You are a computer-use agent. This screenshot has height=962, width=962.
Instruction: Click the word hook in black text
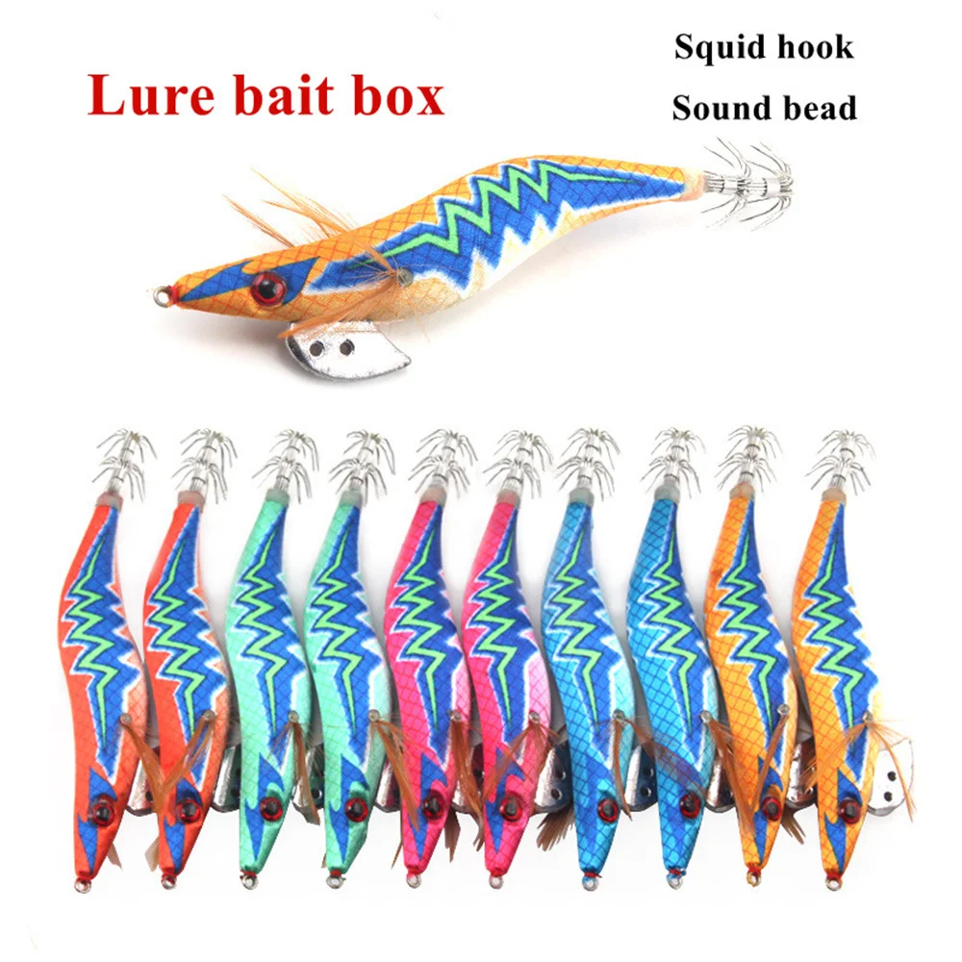pos(818,47)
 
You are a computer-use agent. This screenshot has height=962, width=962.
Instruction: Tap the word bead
pos(818,108)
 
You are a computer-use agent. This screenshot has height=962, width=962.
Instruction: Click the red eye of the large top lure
pos(266,285)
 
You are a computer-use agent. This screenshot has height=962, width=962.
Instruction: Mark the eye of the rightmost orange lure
pos(849,803)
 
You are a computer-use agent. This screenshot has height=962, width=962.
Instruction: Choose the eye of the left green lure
pos(272,806)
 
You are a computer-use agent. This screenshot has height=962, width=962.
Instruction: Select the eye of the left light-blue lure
pos(607,804)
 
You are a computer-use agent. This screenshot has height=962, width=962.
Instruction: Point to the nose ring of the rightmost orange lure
pos(833,882)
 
